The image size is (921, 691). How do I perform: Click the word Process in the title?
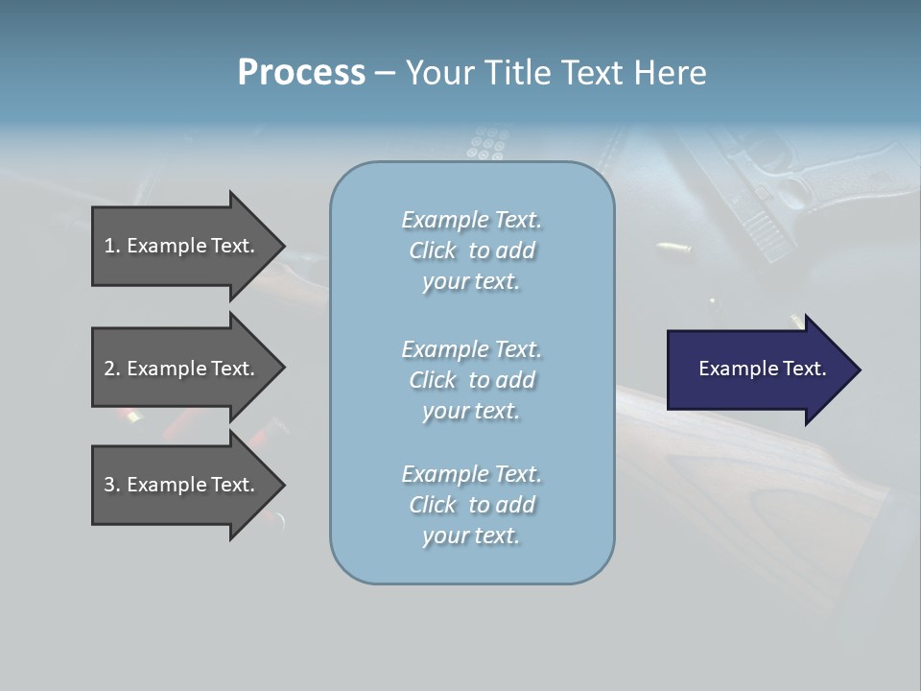coord(301,73)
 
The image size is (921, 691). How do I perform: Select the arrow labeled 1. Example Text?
coord(182,246)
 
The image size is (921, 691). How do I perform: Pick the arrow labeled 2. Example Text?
coord(182,369)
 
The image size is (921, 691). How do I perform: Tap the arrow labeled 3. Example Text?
coord(182,485)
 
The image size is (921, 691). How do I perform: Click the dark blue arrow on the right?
coord(758,369)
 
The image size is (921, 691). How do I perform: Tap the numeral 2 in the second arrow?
coord(109,369)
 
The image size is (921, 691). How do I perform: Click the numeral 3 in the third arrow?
coord(109,485)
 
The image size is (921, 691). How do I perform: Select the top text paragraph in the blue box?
coord(471,250)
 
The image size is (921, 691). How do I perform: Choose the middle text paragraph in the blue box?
coord(471,379)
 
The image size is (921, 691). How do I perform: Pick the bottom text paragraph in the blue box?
coord(471,504)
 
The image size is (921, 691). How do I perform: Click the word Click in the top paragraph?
coord(432,250)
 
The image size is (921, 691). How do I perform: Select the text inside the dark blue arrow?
coord(762,369)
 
